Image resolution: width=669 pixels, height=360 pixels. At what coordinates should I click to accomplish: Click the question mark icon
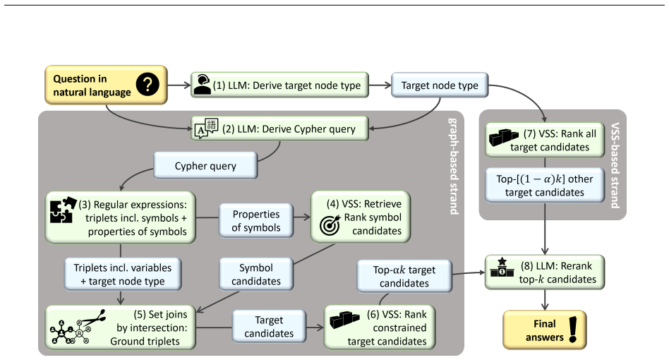[147, 85]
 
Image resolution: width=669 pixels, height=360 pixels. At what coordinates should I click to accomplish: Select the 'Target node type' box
[440, 85]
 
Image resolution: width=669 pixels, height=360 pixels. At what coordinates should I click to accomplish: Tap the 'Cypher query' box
[205, 165]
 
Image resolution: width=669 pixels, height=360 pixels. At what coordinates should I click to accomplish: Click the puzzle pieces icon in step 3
[63, 210]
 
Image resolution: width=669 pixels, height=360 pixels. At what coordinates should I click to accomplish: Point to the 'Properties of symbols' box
[256, 220]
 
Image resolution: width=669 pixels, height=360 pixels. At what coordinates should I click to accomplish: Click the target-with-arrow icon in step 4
[330, 224]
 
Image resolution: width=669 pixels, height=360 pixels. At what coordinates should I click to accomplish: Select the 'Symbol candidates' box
[256, 275]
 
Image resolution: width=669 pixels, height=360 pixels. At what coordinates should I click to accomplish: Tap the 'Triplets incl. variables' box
[123, 275]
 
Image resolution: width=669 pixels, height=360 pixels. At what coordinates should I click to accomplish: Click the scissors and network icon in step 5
[77, 327]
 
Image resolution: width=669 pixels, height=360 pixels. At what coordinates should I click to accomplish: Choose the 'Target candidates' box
[269, 326]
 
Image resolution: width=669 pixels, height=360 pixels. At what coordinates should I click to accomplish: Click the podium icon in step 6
[344, 320]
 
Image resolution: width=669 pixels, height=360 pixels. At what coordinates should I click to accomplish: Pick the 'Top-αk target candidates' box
[404, 276]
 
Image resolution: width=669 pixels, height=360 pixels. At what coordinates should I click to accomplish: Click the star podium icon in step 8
[502, 268]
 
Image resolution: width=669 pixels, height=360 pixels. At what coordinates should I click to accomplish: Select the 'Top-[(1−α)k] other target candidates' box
[544, 185]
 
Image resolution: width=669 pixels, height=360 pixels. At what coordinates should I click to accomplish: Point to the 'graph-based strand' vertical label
[454, 166]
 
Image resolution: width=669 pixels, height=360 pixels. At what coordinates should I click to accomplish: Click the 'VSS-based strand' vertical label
[615, 165]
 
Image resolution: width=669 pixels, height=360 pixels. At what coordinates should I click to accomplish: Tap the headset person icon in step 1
[202, 85]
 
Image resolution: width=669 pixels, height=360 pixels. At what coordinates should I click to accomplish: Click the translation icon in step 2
[207, 128]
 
